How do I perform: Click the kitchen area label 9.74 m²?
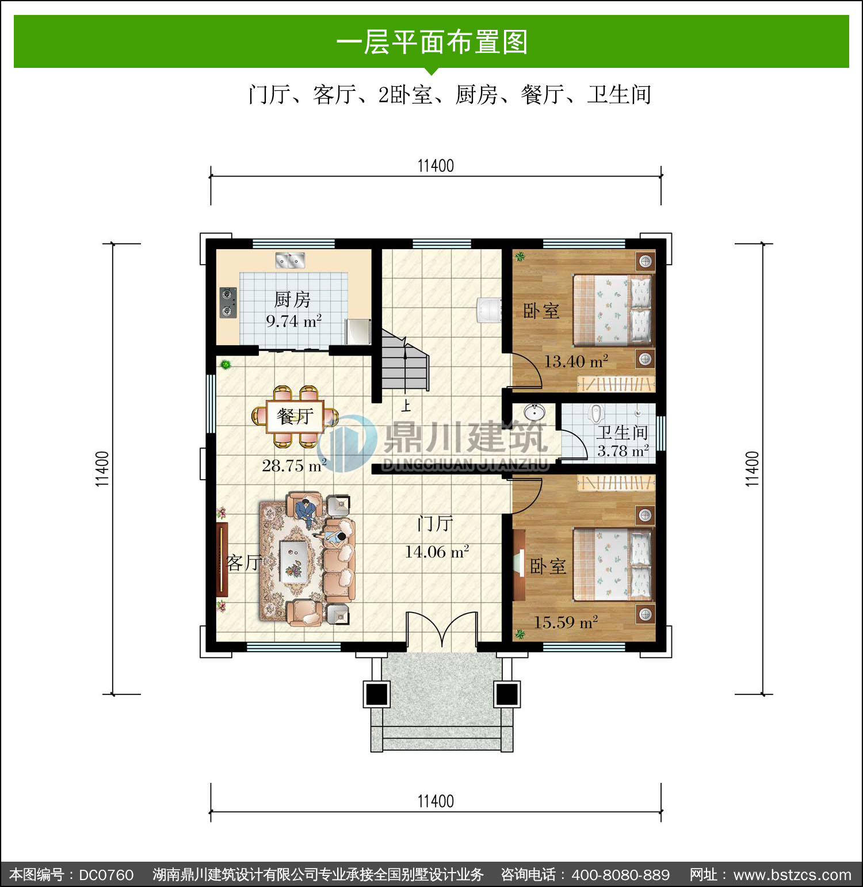tap(293, 321)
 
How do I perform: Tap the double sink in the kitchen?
tap(290, 261)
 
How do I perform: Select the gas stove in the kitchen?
tap(228, 303)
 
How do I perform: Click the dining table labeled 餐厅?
tap(295, 416)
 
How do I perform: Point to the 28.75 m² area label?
tap(294, 465)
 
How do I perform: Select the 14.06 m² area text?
tap(437, 552)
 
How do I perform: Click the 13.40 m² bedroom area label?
tap(576, 361)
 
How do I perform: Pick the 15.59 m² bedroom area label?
tap(566, 622)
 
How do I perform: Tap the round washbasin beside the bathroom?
tap(534, 412)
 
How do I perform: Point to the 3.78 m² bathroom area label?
tap(623, 450)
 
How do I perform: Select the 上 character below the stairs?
tap(406, 406)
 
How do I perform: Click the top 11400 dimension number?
tap(436, 166)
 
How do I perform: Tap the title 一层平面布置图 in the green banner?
tap(431, 43)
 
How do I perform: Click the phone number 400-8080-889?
tap(621, 875)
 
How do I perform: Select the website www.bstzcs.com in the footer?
tap(792, 875)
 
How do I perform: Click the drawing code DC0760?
tap(106, 875)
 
